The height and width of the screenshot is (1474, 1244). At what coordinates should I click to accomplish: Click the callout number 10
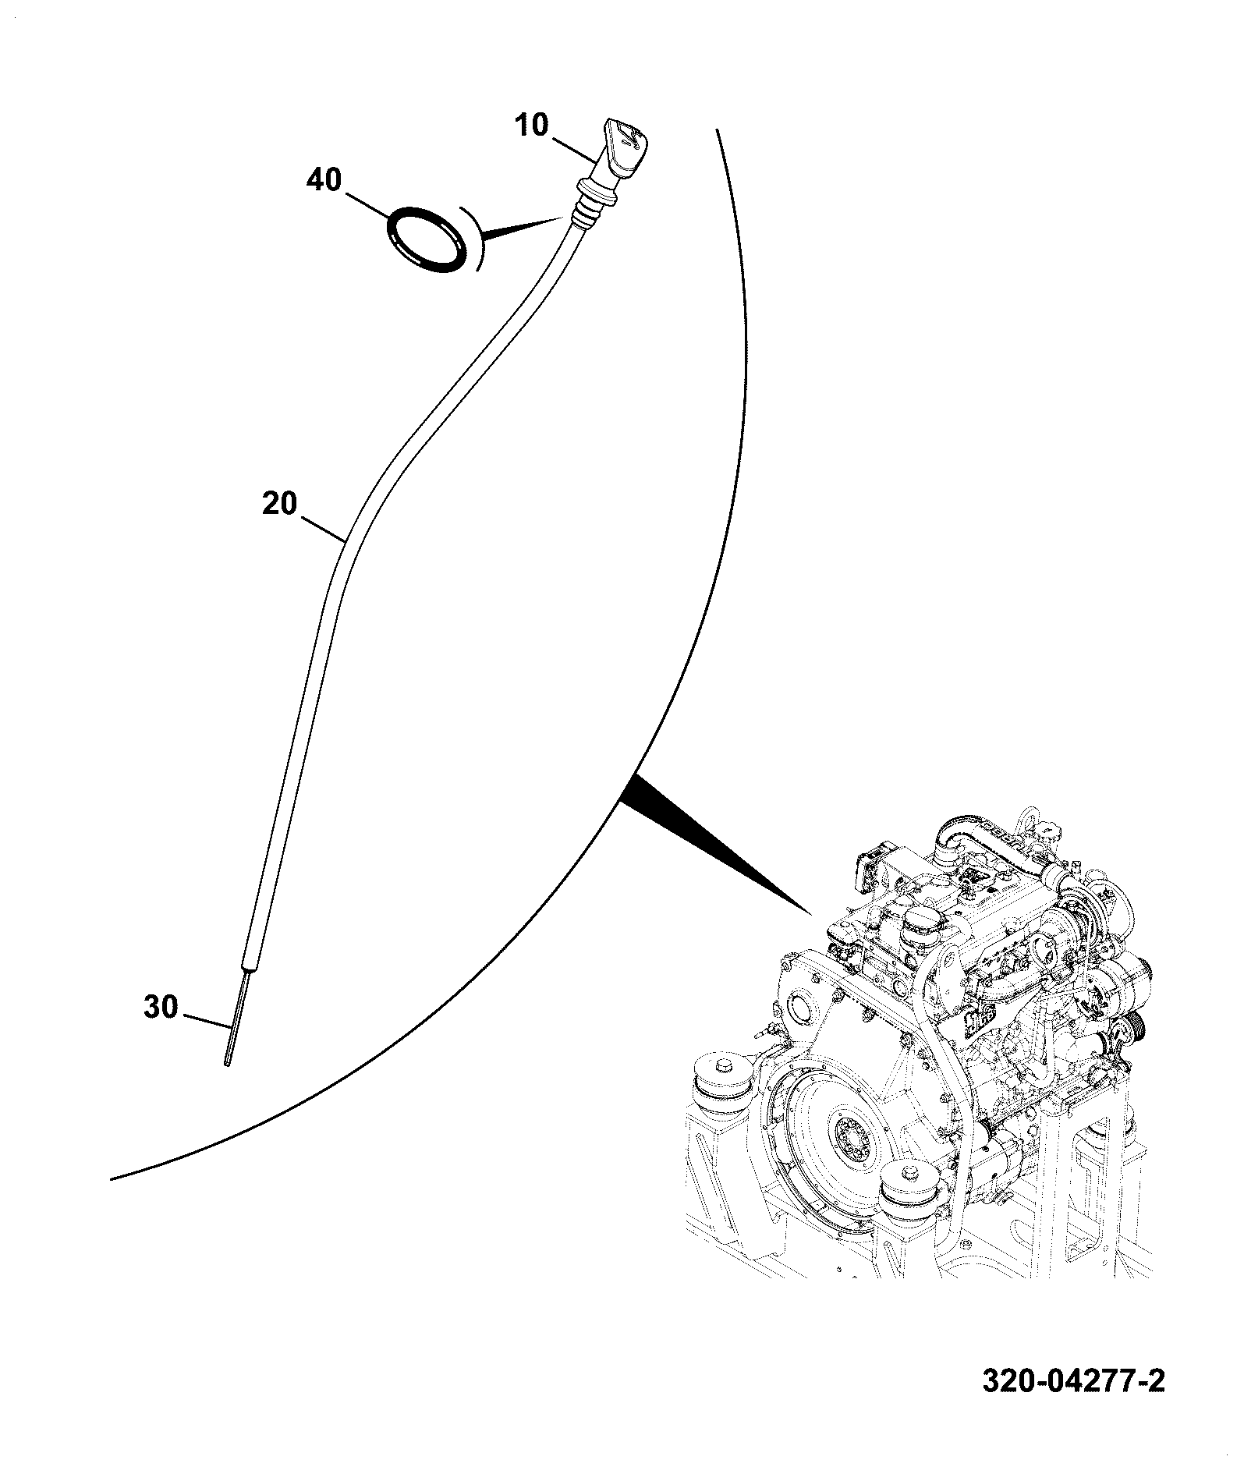click(x=532, y=125)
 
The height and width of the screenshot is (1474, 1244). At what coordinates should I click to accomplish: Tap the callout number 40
click(x=324, y=180)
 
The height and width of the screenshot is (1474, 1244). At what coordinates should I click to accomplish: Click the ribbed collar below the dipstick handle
click(x=596, y=200)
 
